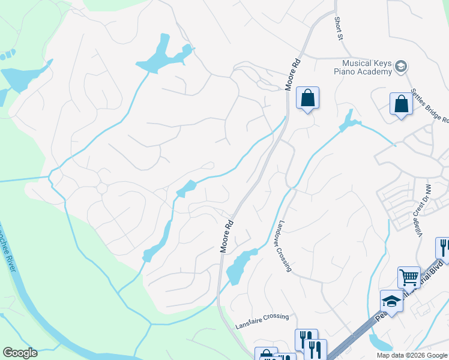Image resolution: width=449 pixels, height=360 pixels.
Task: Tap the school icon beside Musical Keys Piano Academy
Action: (402, 66)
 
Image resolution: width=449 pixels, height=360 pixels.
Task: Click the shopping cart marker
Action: (409, 278)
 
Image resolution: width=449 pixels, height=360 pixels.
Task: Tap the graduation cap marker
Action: (391, 301)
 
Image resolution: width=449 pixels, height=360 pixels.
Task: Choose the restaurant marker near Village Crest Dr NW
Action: (443, 248)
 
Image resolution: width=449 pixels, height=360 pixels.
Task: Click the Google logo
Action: (19, 353)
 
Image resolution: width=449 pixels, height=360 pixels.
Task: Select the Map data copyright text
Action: (411, 355)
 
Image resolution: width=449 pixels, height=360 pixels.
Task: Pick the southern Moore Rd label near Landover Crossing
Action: (226, 238)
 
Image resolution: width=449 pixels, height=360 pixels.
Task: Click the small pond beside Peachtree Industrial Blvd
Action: (379, 343)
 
